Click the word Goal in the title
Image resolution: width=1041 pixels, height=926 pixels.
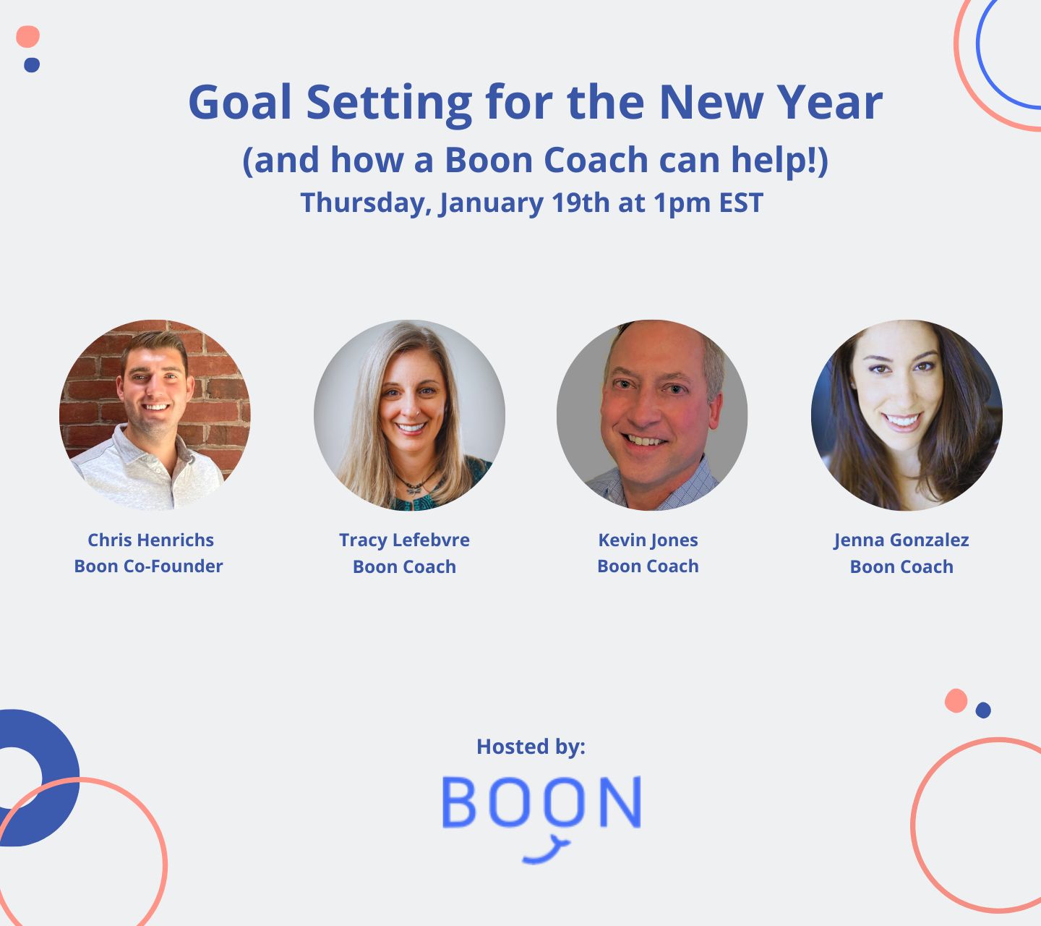pos(239,102)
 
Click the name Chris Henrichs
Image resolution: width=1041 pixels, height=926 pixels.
pos(150,540)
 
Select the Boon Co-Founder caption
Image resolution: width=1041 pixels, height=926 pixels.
pos(148,566)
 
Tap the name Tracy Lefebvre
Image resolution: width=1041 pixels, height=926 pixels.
pos(404,540)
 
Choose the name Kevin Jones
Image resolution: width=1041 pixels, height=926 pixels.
pos(648,540)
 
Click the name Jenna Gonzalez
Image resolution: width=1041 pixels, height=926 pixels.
pos(901,540)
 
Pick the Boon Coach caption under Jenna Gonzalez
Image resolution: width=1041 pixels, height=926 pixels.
pos(901,566)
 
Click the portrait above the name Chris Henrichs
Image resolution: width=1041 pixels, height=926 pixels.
pos(155,415)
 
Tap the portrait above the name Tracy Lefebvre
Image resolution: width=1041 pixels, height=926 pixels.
pos(409,415)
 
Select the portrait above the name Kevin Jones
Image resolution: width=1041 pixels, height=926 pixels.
pos(652,415)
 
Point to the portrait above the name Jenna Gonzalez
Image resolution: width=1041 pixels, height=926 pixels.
pos(907,415)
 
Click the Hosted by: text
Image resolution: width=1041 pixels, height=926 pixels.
pos(531,746)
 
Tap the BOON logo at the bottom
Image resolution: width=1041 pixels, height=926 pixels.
pos(541,803)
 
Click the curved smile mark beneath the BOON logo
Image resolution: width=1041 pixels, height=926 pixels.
pos(547,851)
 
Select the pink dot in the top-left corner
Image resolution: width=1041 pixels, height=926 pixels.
pos(27,36)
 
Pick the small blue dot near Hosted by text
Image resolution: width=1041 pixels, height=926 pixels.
pos(982,710)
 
